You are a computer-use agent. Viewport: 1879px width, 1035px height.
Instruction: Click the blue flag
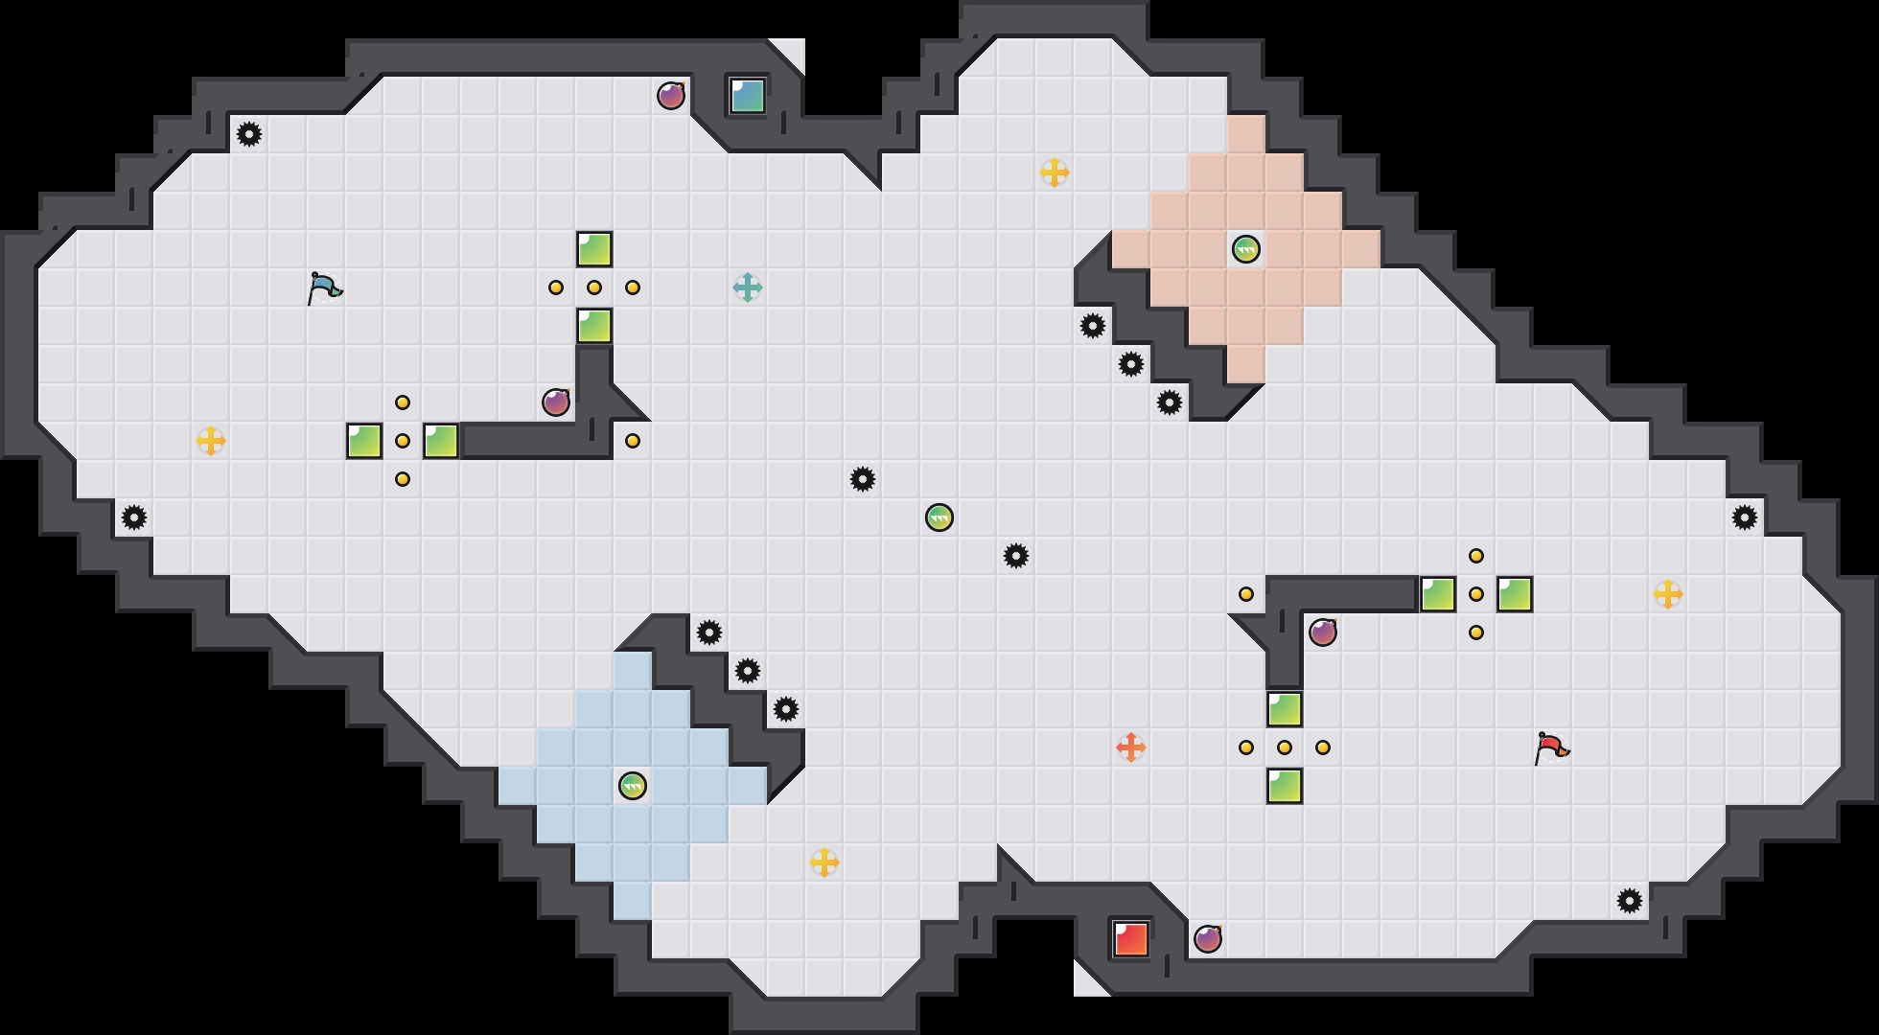(324, 287)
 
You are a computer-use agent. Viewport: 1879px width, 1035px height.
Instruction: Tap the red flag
(1551, 747)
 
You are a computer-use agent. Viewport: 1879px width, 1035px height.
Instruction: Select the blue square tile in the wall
(748, 96)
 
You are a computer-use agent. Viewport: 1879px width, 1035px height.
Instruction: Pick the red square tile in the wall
(1131, 939)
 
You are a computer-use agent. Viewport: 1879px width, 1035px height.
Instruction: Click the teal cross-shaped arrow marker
(748, 287)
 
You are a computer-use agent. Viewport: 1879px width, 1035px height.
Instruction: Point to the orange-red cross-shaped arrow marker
(1131, 747)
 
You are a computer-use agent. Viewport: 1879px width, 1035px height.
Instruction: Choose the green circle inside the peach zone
(1246, 249)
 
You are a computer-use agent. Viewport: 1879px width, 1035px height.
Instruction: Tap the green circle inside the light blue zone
(633, 786)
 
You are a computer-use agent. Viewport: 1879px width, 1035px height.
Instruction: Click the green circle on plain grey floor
(939, 517)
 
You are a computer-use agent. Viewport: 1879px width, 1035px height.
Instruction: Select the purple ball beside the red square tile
(1208, 939)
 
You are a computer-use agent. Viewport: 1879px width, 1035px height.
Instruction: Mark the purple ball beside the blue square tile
(671, 96)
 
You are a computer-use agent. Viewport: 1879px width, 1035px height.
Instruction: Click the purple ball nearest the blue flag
(556, 402)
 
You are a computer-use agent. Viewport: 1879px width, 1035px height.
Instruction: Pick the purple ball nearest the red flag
(1323, 632)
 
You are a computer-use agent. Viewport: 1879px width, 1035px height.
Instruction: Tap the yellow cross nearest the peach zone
(1055, 172)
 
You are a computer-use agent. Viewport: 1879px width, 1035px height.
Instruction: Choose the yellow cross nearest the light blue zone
(824, 862)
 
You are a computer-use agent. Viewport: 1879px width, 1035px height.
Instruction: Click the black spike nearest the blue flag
(249, 134)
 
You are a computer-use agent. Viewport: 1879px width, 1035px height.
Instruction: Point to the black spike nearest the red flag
(1630, 901)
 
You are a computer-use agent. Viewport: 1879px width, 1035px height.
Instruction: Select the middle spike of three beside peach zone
(1131, 364)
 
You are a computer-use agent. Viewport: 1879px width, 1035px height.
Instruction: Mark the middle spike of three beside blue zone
(748, 671)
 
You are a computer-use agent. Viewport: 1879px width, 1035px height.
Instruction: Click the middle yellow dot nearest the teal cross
(594, 287)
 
